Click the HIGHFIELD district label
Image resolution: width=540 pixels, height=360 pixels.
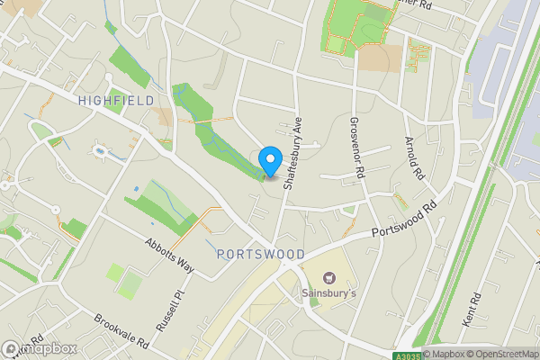click(115, 100)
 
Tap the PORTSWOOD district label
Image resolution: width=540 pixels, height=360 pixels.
click(261, 255)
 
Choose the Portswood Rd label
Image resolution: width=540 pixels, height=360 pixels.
click(406, 220)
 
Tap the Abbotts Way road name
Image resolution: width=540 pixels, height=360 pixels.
click(170, 254)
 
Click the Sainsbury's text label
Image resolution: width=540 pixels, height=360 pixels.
click(328, 293)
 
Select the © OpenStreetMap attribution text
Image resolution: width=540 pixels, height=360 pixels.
click(501, 353)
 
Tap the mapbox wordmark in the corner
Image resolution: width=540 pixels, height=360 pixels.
click(49, 348)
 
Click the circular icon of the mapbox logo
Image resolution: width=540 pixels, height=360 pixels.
click(12, 348)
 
